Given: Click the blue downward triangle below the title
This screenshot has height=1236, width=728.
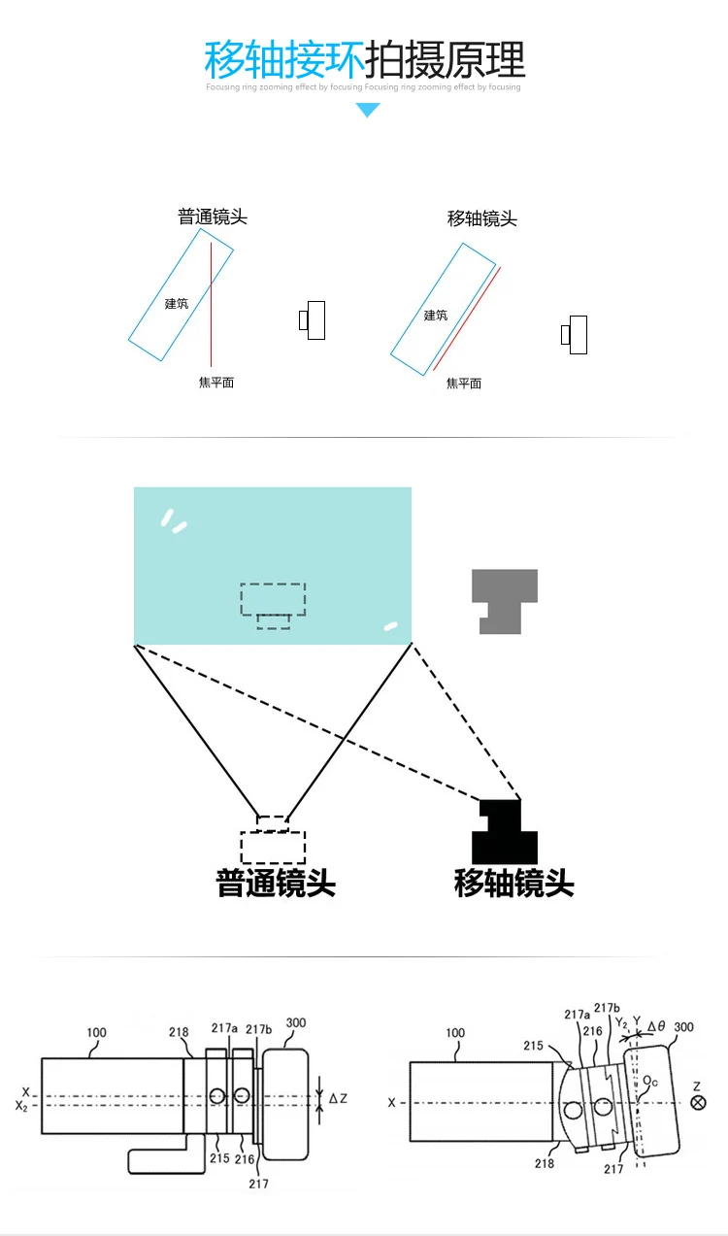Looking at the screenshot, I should click(367, 110).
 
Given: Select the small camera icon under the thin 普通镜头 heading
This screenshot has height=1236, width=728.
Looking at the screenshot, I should click(313, 319).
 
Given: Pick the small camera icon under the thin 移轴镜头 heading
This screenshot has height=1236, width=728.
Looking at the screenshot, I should click(575, 334).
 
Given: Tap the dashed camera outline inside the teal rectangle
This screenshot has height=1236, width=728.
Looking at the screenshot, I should click(273, 603).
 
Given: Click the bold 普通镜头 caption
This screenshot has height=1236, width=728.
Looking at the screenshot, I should click(275, 884).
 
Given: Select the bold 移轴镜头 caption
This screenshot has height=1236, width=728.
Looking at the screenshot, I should click(513, 884).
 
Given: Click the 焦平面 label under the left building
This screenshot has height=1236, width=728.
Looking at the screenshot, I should click(215, 383).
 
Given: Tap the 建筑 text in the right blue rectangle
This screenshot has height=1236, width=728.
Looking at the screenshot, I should click(436, 315).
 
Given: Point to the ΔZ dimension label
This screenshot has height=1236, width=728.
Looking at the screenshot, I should click(338, 1098).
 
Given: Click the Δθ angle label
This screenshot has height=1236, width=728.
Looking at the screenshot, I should click(656, 1025).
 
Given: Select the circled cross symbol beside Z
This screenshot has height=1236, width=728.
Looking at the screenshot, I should click(698, 1102).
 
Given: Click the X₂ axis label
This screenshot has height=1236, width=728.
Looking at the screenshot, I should click(23, 1106).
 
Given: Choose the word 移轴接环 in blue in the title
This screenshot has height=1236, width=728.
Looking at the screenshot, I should click(283, 60).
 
